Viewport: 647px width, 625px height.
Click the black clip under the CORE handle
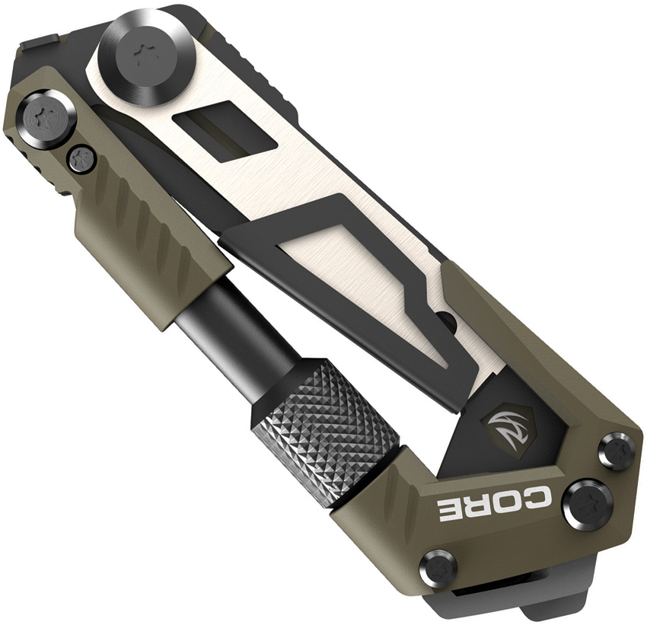518,601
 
